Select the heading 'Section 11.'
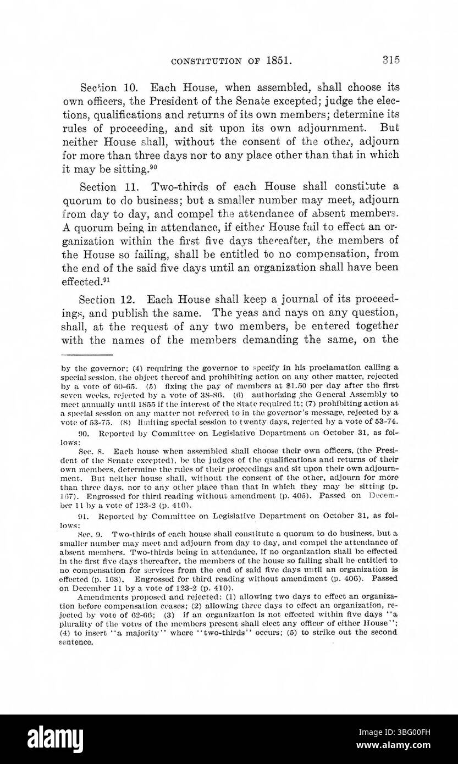(103, 188)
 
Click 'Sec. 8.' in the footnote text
(88, 449)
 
